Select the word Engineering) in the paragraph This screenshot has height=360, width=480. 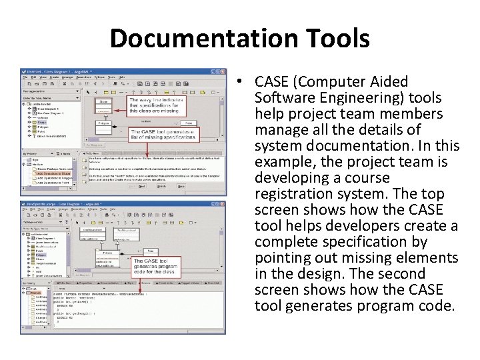[x=361, y=98]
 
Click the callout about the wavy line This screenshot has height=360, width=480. [x=161, y=106]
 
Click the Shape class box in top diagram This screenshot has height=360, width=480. [x=103, y=103]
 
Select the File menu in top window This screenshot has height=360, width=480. [x=25, y=77]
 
